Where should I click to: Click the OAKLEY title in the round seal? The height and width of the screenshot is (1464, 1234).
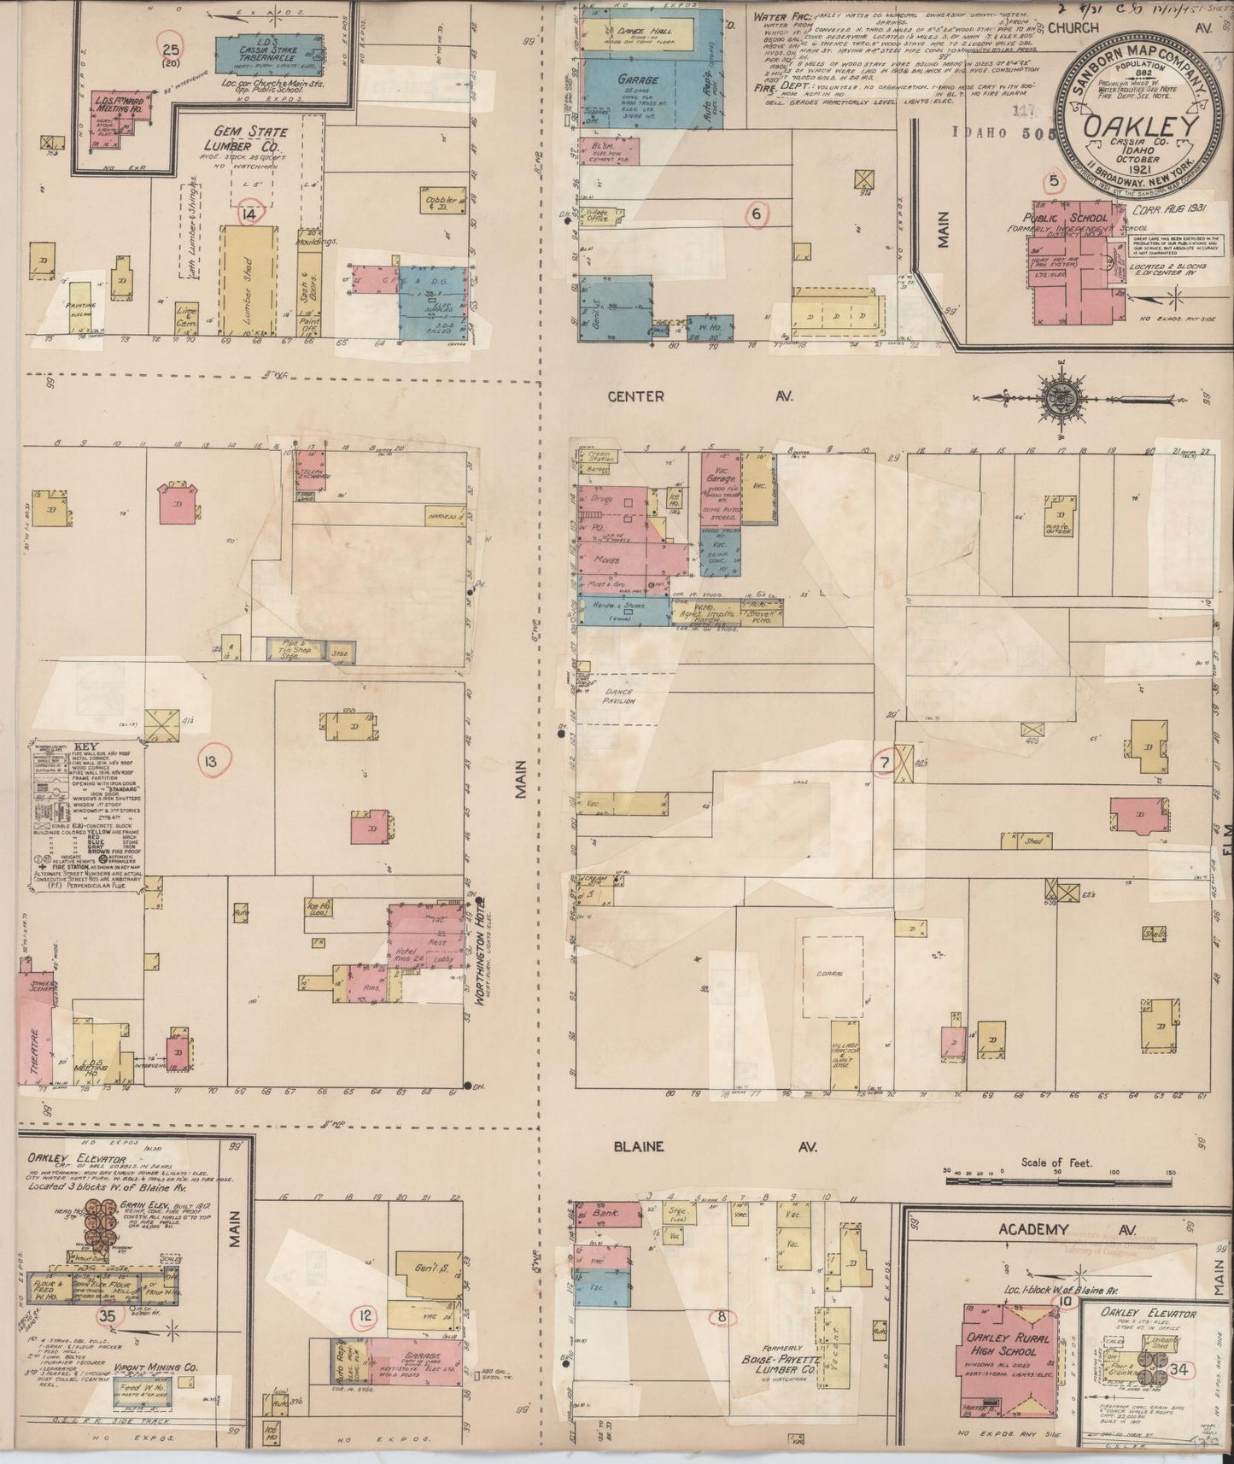point(1138,128)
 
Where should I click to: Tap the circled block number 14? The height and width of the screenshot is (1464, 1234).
point(249,214)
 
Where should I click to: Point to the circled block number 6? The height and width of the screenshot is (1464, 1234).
point(757,214)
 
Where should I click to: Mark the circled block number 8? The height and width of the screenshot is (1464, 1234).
point(722,1316)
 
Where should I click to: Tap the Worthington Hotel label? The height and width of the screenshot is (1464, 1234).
point(479,952)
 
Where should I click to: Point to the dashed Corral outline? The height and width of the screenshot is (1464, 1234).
point(831,975)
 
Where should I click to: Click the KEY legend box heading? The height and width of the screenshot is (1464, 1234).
point(86,744)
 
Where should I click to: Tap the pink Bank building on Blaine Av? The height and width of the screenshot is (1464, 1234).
point(608,1214)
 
